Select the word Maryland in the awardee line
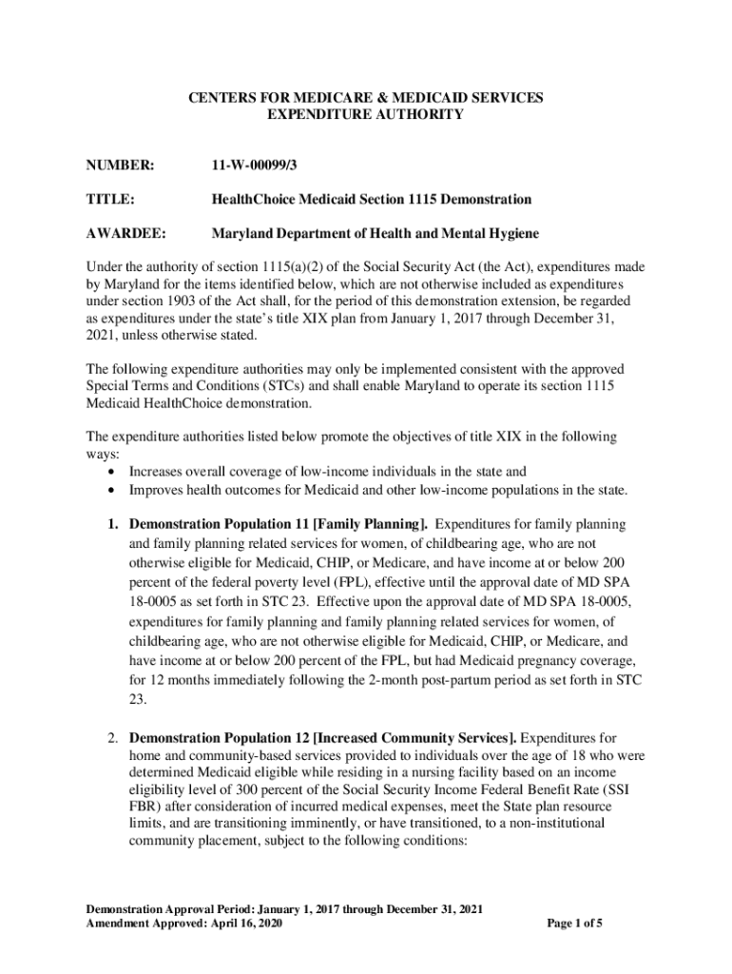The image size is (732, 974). pos(241,233)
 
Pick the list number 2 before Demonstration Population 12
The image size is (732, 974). pos(111,738)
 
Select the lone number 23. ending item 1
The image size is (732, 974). pos(139,699)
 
